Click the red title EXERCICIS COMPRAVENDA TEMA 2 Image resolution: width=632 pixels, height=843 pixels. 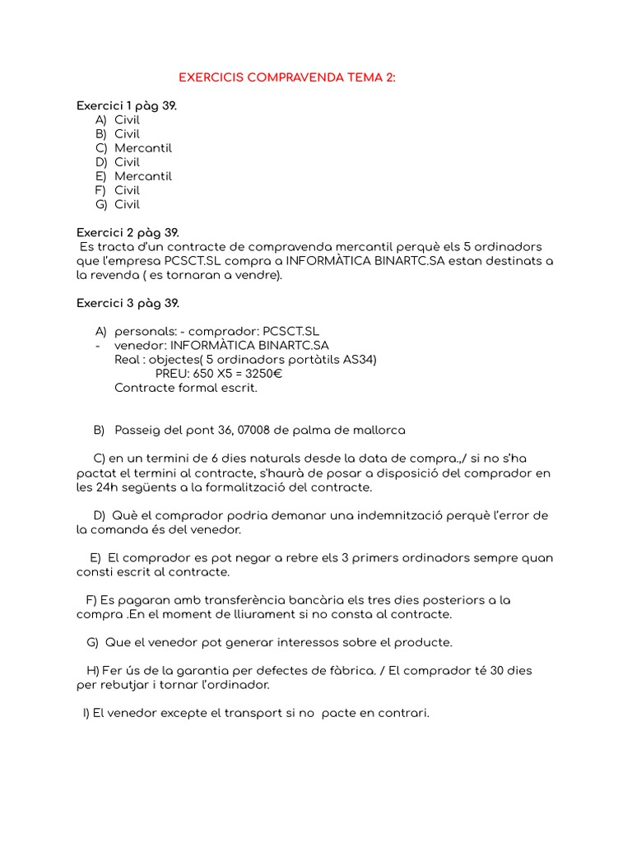point(287,77)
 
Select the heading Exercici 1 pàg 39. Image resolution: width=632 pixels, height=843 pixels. point(127,106)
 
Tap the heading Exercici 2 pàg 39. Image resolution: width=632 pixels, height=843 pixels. point(128,233)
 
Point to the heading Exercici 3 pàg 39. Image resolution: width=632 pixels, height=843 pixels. point(128,303)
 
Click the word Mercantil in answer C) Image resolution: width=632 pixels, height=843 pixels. point(143,148)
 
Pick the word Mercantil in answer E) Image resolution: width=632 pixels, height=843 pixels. point(143,176)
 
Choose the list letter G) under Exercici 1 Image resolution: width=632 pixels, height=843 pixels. point(101,204)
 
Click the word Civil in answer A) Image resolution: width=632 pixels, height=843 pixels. point(127,120)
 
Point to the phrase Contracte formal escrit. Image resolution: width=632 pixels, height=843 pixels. point(186,388)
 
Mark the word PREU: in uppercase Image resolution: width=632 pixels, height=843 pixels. point(172,374)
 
